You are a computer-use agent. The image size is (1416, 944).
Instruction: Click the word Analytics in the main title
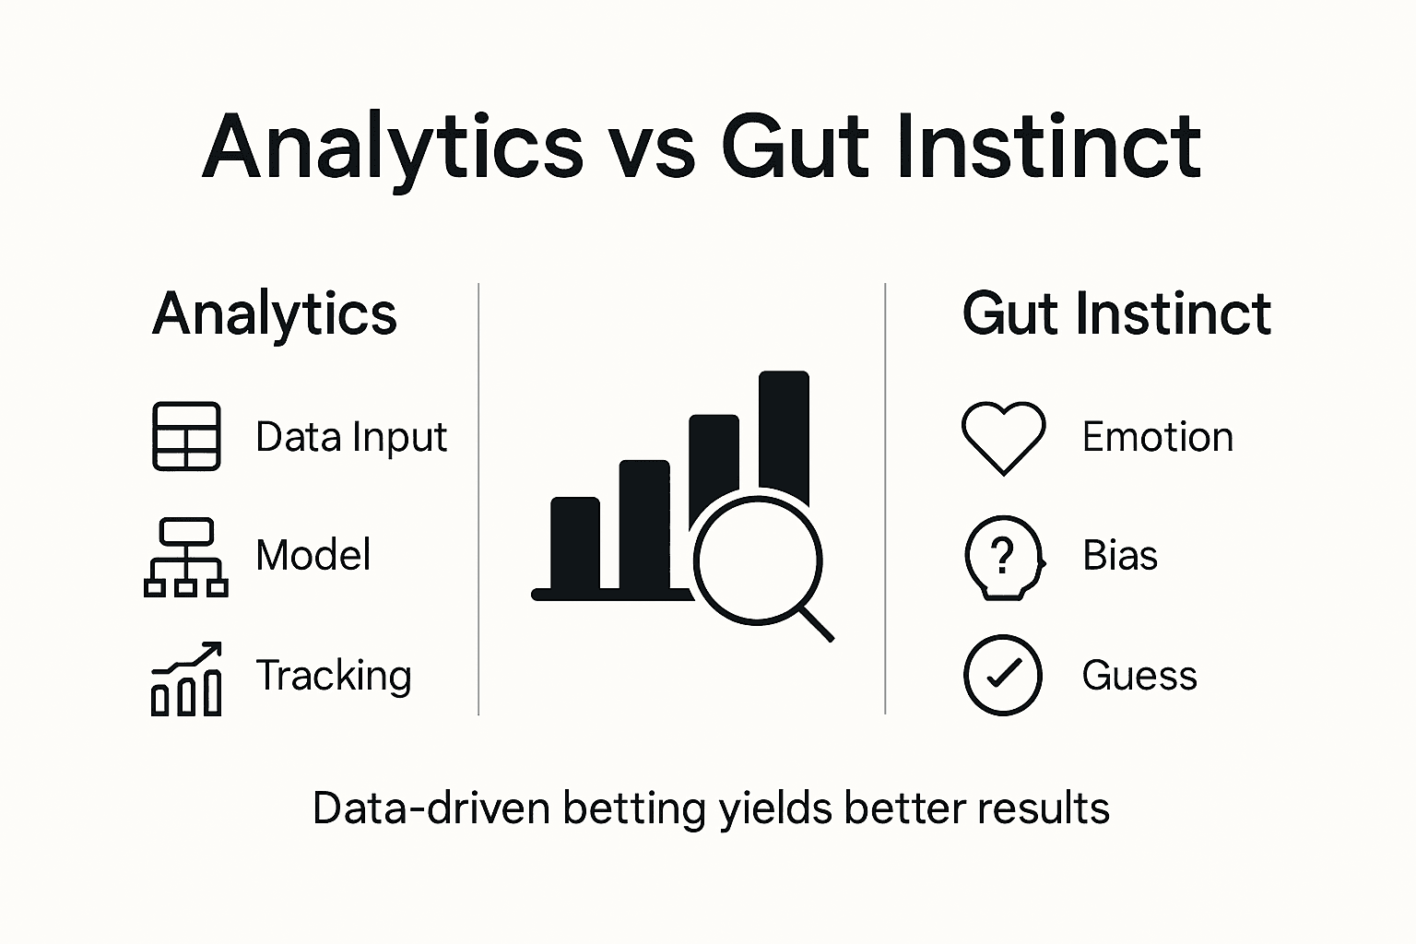point(393,147)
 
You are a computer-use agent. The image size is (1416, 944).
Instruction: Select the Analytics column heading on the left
point(275,314)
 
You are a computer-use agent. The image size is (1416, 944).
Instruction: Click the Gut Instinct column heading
point(1116,314)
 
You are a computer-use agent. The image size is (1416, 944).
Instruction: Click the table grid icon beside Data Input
point(186,436)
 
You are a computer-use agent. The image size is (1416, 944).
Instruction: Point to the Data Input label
point(351,437)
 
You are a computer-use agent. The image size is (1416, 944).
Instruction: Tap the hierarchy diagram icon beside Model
point(186,557)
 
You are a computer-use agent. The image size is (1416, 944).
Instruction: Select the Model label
point(313,556)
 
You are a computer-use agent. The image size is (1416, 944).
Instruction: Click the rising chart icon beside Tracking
point(186,678)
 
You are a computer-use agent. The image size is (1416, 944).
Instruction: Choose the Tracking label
point(334,676)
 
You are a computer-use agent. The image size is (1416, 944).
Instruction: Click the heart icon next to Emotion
point(1003,437)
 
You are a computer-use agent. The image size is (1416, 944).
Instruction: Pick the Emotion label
point(1157,437)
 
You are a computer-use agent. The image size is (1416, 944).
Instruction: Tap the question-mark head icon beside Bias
point(1003,557)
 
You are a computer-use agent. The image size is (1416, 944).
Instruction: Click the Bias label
point(1120,556)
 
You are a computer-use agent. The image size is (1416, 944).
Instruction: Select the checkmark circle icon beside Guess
point(1003,675)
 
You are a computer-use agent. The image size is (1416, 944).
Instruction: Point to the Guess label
point(1139,676)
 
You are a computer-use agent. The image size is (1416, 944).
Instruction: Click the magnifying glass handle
point(816,623)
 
